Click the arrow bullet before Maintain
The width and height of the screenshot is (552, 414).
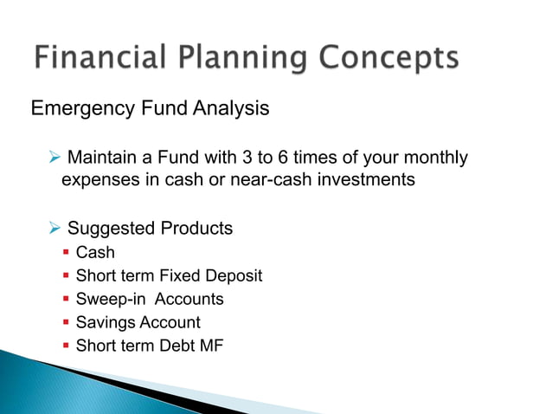click(x=55, y=158)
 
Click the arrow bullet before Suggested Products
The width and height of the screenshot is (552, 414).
click(x=55, y=229)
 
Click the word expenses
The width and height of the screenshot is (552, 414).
click(x=98, y=181)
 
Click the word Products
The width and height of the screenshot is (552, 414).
click(x=196, y=229)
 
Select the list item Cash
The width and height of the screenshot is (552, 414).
click(x=95, y=253)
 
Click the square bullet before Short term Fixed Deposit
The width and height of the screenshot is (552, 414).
click(x=66, y=276)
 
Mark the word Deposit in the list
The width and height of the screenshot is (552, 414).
click(x=234, y=276)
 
